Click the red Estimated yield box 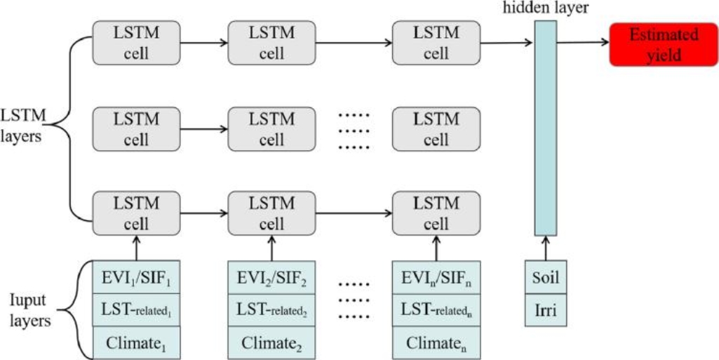pos(654,44)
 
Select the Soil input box pos(545,277)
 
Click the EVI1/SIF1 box pos(137,276)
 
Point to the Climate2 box pos(272,343)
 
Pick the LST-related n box pos(436,309)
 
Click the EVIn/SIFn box pos(436,276)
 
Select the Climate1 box pos(137,343)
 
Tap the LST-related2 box pos(272,309)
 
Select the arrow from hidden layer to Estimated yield pos(583,43)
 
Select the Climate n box pos(436,343)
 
